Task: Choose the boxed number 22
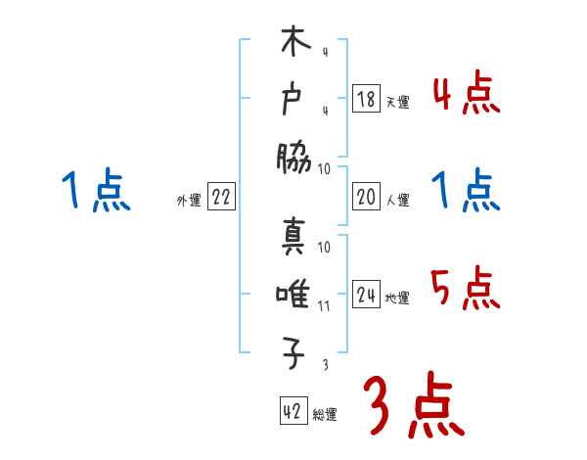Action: (x=221, y=198)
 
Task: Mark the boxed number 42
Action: (x=292, y=412)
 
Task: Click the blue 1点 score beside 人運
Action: (x=466, y=192)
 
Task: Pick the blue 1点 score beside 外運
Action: (x=96, y=190)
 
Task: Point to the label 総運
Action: (x=325, y=415)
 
